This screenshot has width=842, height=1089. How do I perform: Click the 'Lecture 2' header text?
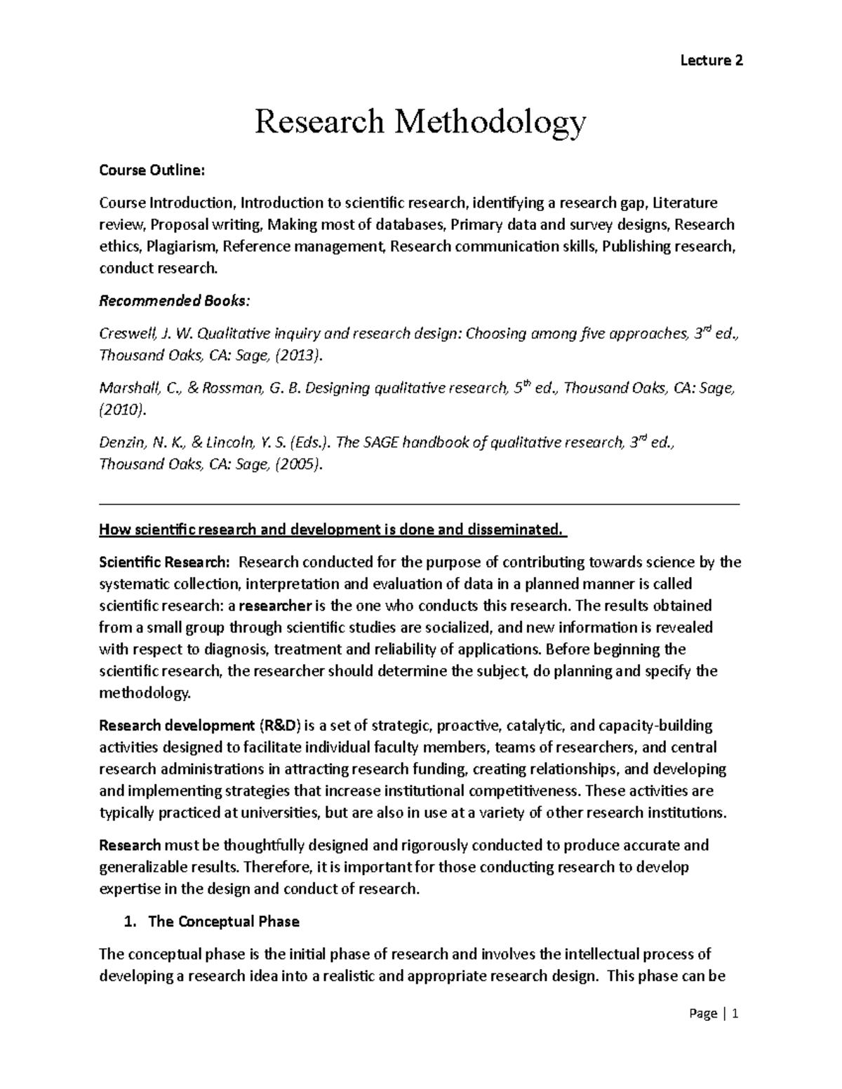tap(711, 60)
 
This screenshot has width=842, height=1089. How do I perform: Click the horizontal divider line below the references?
tap(420, 503)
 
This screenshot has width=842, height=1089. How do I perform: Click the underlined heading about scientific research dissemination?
tap(331, 529)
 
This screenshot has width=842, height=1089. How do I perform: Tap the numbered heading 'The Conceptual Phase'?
tap(223, 921)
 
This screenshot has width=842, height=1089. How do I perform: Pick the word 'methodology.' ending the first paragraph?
tap(145, 693)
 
